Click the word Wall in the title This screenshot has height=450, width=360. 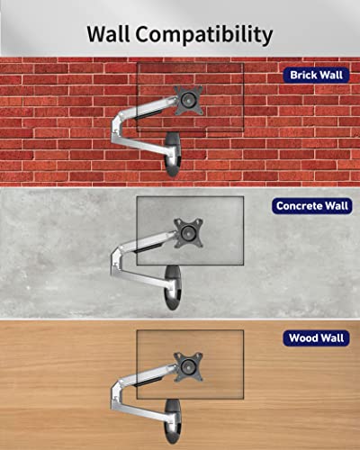pos(109,33)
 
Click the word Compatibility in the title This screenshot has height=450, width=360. pos(204,35)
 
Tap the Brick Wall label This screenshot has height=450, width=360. pos(316,75)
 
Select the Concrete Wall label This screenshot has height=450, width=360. pos(312,206)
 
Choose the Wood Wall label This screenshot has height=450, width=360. pos(316,338)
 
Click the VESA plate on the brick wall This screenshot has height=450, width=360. pos(188,100)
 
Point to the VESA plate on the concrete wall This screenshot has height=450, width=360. pos(188,233)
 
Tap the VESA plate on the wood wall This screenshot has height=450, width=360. pos(188,366)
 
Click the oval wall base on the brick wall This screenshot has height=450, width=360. pos(174,155)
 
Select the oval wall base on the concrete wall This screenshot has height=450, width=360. pos(174,287)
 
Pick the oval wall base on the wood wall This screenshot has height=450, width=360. pos(174,421)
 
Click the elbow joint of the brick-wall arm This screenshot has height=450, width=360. pos(116,127)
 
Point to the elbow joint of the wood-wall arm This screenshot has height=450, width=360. pos(116,393)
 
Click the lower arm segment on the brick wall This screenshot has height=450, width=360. pos(141,143)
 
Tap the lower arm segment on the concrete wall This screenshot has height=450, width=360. pos(141,276)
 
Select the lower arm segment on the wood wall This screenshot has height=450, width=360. pos(141,410)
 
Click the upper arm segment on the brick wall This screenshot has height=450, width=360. pos(147,108)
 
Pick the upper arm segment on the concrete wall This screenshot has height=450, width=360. pos(147,241)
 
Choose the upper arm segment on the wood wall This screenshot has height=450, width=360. pos(147,375)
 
